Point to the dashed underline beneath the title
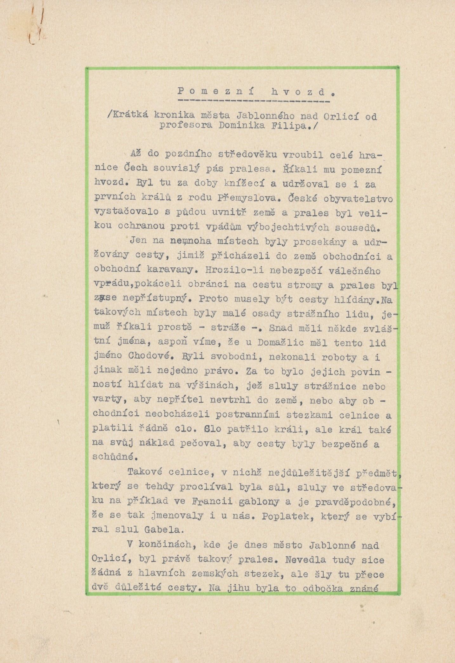[254, 101]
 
